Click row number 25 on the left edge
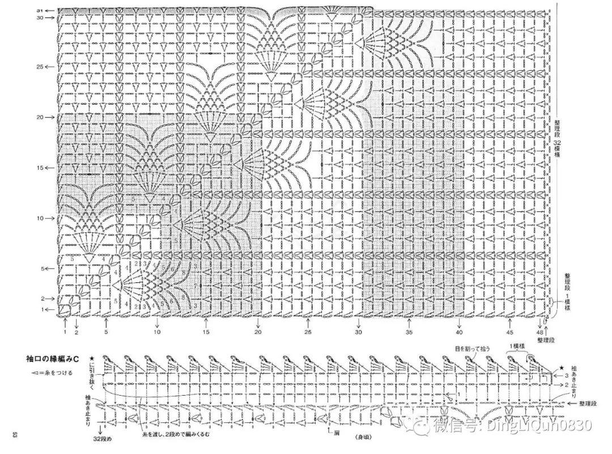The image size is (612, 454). click(x=39, y=67)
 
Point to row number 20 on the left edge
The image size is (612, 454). click(x=39, y=117)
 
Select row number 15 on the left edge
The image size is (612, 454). click(x=39, y=168)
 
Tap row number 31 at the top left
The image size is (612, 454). click(x=39, y=11)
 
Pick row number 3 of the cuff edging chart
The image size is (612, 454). click(x=567, y=375)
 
